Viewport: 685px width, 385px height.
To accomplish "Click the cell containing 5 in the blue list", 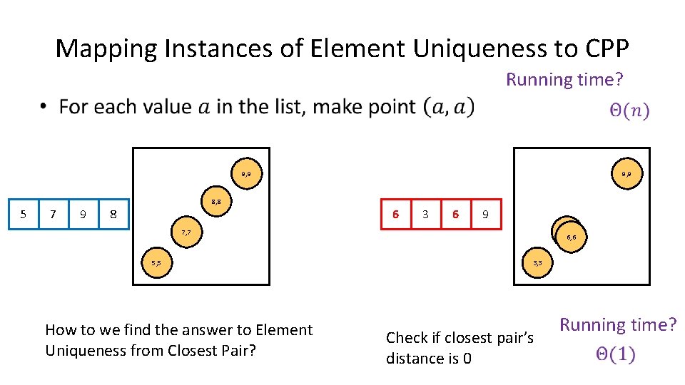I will [x=24, y=215].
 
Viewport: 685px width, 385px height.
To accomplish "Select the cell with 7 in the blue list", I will [x=54, y=215].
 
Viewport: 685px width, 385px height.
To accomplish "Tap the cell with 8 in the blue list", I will [x=113, y=215].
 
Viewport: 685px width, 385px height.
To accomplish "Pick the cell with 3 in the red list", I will [x=426, y=214].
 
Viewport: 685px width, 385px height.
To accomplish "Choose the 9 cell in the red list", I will [x=486, y=214].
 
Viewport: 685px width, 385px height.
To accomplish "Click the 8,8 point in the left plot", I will [x=215, y=203].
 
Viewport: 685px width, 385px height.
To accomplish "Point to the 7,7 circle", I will [x=186, y=233].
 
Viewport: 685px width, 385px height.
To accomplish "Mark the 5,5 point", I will [x=156, y=263].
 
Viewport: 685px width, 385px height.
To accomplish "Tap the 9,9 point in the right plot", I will [x=626, y=173].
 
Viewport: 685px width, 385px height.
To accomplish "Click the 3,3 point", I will [x=537, y=263].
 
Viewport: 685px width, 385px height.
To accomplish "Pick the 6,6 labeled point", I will [x=572, y=237].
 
